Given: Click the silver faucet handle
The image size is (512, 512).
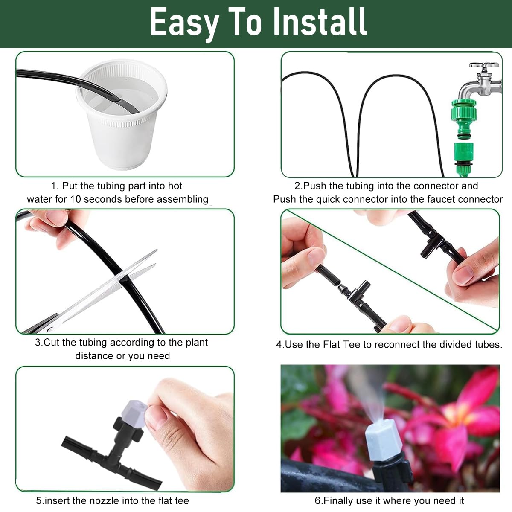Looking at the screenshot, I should coord(484,68).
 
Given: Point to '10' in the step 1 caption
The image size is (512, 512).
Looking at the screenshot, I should coord(76,199).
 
